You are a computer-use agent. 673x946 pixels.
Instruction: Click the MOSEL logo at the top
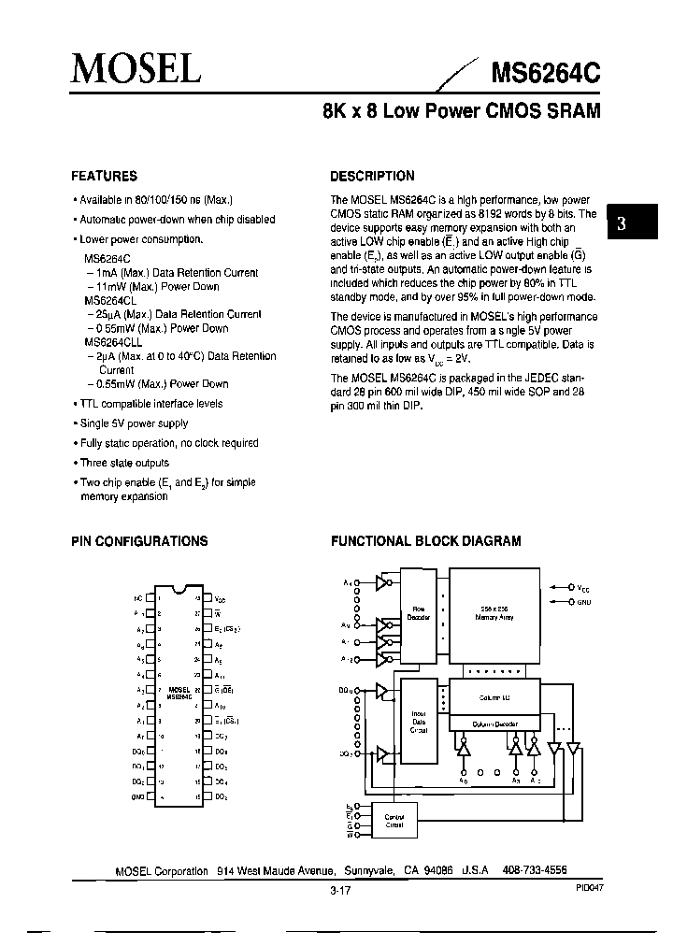pos(136,66)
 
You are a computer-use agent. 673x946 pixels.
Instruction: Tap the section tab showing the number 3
pos(621,223)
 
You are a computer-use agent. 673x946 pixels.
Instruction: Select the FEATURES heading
pos(105,176)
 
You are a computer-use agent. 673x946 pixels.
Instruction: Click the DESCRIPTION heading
pos(373,176)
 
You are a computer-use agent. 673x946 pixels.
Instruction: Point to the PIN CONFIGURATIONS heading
pos(140,541)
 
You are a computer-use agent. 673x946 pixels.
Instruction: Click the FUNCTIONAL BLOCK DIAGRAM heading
pos(426,541)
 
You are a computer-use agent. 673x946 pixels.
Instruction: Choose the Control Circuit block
pos(394,820)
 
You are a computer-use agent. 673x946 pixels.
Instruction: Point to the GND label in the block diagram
pos(584,603)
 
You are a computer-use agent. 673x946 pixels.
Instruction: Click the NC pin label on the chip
pos(138,595)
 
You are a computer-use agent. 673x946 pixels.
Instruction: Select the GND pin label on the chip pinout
pos(138,796)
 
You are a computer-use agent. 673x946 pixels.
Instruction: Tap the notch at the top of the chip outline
pos(179,588)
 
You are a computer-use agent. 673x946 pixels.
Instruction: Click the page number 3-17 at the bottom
pos(340,891)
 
